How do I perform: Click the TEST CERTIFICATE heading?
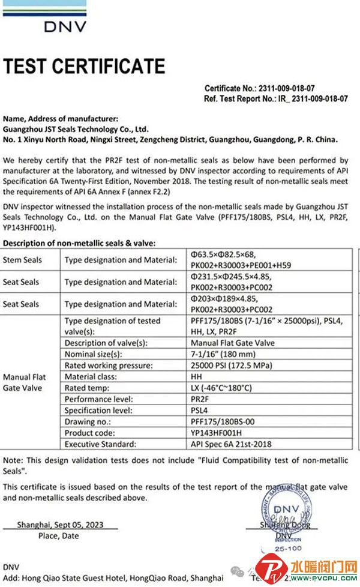coord(84,66)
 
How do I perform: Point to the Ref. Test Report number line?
coord(275,98)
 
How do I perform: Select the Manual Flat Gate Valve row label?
coord(25,382)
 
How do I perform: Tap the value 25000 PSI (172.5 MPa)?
coord(226,366)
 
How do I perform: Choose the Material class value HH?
coord(194,377)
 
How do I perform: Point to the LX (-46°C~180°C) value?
coord(221,388)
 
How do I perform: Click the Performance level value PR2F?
coord(198,399)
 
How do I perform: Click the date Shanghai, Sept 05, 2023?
coord(60,525)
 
